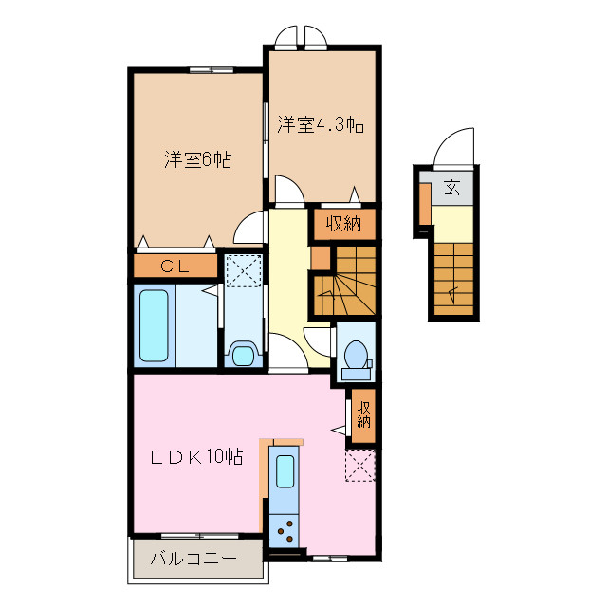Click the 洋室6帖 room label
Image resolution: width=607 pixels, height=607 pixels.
point(197,159)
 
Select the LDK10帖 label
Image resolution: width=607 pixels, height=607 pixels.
point(198,457)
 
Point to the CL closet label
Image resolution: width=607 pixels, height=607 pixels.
point(175,267)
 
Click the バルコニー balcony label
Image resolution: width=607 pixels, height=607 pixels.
point(194,560)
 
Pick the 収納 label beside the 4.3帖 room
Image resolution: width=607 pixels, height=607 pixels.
point(344,224)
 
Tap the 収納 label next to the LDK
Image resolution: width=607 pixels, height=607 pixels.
point(363,414)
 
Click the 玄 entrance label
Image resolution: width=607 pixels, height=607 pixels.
point(452,187)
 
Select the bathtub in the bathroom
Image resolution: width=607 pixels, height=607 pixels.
point(155,325)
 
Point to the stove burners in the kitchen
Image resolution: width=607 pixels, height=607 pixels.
point(284,530)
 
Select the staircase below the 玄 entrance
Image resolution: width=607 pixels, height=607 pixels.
point(454,277)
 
